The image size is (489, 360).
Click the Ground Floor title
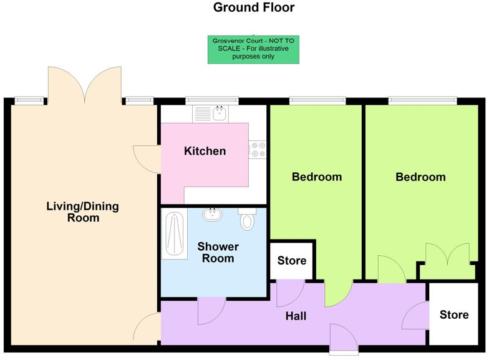click(253, 8)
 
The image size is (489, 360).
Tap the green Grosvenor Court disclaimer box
click(253, 49)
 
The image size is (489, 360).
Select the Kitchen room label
click(205, 151)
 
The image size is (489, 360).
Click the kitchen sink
click(219, 114)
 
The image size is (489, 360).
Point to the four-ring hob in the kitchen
click(258, 150)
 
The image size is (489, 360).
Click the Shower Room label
click(218, 253)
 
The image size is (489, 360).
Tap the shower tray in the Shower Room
click(175, 234)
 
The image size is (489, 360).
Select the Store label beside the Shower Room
click(292, 260)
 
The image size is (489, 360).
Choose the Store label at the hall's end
click(454, 314)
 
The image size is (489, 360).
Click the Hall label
click(296, 316)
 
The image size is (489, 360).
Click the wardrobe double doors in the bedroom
click(448, 258)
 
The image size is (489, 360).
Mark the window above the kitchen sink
click(212, 99)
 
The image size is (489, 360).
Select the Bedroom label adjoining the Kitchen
click(317, 177)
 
